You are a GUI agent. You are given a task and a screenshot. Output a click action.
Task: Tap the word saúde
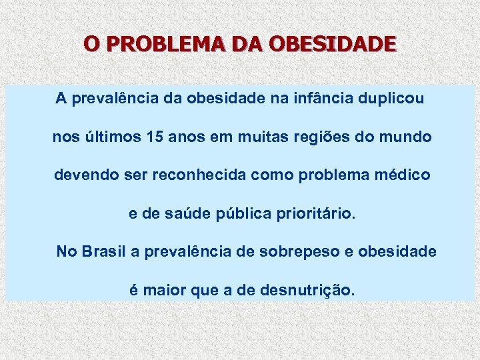point(179,215)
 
